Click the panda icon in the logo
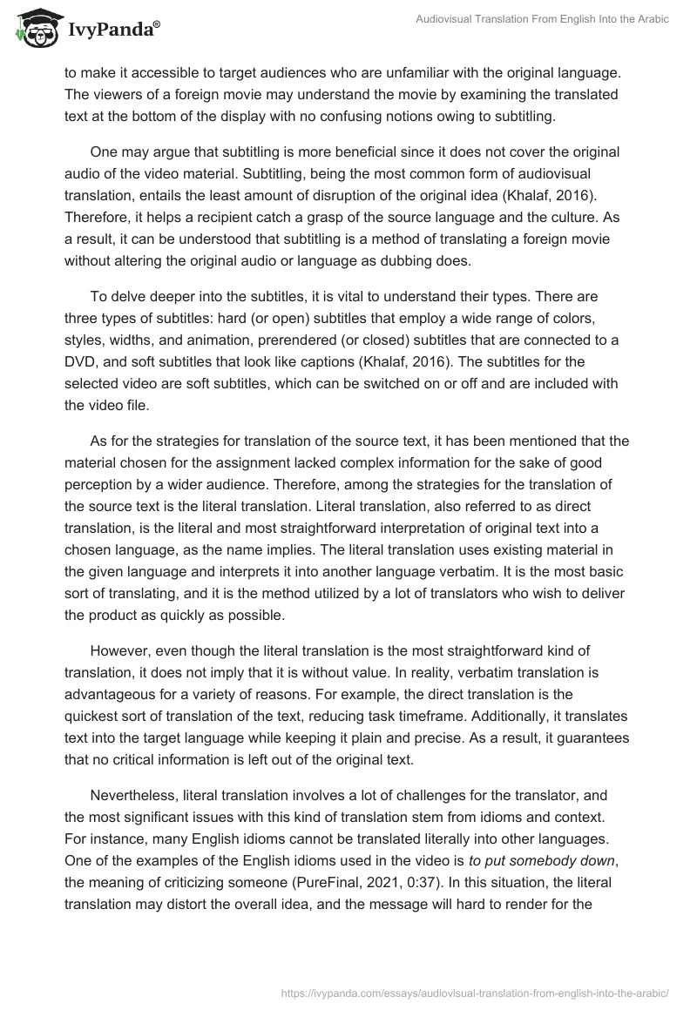[x=32, y=28]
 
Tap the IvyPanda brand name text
[x=112, y=30]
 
